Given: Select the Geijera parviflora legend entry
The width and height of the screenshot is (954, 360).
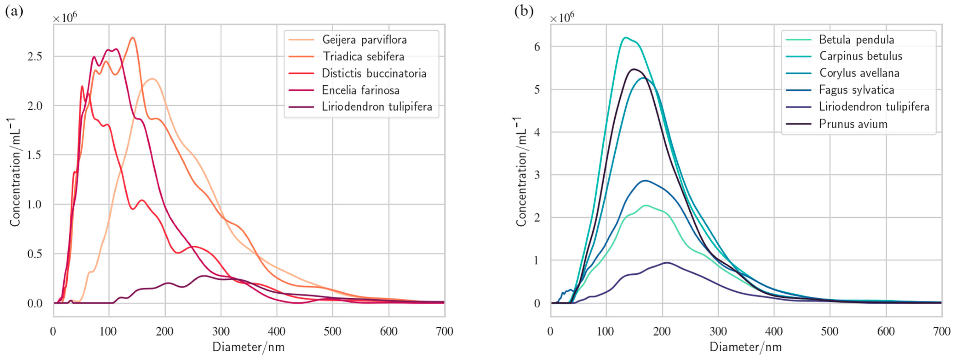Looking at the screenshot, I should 364,40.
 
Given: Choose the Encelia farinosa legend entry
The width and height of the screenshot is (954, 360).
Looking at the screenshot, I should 360,90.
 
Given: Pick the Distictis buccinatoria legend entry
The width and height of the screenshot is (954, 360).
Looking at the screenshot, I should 374,73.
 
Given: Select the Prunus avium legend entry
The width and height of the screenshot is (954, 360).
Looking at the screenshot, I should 853,124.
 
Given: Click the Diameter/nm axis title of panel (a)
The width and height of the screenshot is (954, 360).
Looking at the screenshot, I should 249,347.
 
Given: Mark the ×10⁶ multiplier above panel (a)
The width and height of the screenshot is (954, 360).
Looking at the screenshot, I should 65,17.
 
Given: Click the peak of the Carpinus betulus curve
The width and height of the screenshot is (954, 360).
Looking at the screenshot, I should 625,37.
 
